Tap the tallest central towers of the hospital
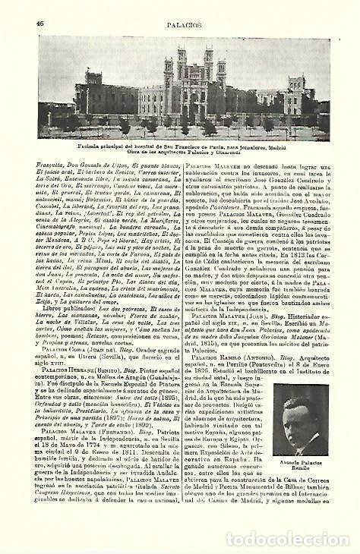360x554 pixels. tap(185, 64)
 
